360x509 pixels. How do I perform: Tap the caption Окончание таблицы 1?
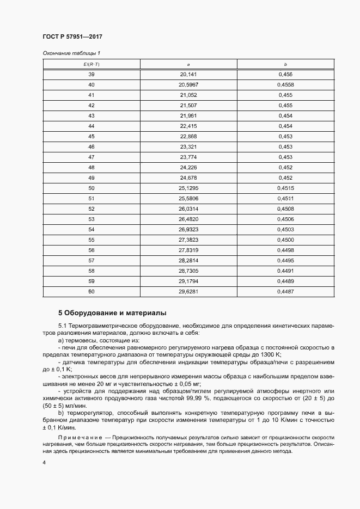71,53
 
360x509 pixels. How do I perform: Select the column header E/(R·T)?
91,64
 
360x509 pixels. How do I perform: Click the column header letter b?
285,64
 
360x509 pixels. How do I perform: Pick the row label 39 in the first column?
91,74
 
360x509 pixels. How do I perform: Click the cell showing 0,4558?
285,85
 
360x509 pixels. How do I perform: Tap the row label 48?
91,167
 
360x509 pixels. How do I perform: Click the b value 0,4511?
285,198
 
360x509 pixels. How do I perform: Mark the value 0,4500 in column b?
285,240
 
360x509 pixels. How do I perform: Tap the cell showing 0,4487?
285,291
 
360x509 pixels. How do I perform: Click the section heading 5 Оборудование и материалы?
112,313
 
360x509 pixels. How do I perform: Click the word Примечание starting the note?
78,438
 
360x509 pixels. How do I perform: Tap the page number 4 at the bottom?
44,462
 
